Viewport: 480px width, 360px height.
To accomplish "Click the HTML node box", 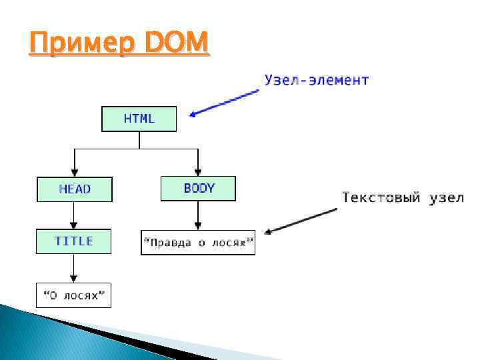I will tap(139, 119).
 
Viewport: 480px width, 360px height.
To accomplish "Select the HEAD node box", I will tap(74, 189).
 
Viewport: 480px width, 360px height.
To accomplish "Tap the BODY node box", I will tap(198, 188).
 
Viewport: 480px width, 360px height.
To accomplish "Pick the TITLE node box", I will tap(73, 241).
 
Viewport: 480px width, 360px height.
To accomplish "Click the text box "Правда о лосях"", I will tap(198, 243).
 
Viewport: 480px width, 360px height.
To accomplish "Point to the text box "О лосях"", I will tap(73, 295).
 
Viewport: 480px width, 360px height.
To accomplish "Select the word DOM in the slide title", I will tap(175, 45).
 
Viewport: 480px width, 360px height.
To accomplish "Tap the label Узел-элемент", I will tap(317, 81).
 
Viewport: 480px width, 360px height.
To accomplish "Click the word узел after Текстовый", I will tap(445, 198).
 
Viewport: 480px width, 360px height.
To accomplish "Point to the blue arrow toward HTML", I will tap(223, 103).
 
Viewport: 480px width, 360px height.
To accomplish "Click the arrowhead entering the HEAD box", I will tap(74, 173).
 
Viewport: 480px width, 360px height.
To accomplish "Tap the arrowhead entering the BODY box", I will tap(198, 172).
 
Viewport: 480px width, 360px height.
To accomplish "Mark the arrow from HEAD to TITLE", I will tap(74, 215).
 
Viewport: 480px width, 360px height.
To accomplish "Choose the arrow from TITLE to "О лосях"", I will tap(74, 269).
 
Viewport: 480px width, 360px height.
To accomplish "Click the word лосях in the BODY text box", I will tap(231, 243).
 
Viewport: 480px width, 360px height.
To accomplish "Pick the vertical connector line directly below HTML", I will tap(139, 140).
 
